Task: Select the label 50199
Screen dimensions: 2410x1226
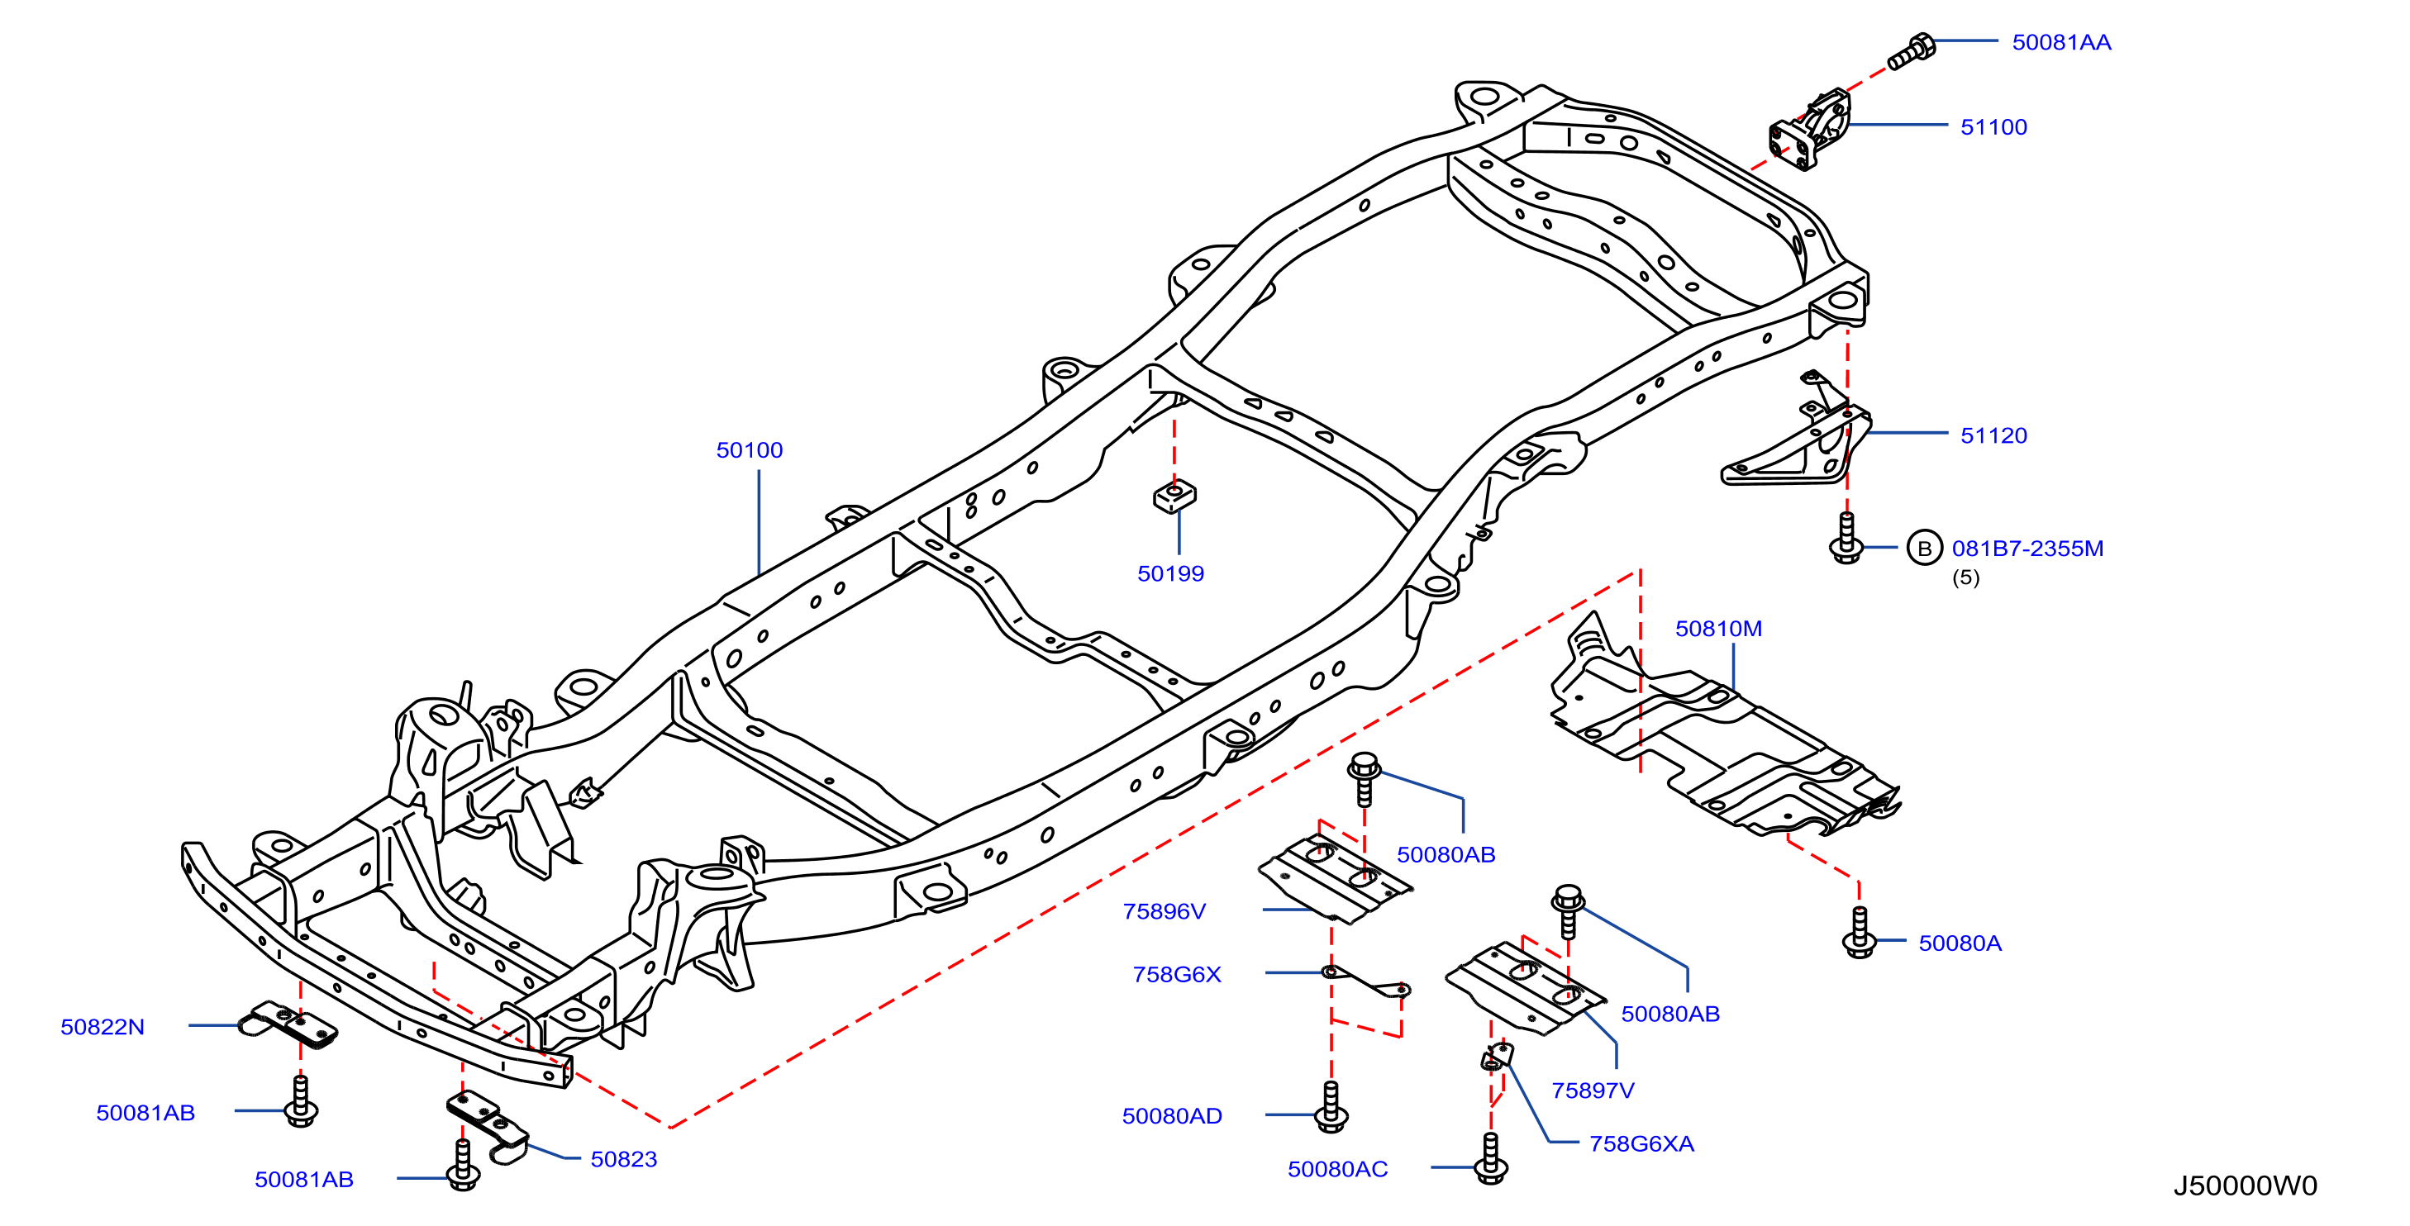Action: (1170, 573)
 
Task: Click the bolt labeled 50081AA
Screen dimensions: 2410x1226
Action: (1911, 51)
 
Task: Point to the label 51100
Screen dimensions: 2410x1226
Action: (1993, 126)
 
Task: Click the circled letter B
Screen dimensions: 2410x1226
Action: (1924, 548)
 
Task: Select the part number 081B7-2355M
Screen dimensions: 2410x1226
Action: (2027, 548)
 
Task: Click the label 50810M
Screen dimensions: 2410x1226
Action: (1718, 629)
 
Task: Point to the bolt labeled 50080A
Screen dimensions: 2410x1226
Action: (1859, 933)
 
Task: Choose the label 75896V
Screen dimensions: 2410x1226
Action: (1164, 911)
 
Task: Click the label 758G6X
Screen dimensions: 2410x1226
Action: (1177, 975)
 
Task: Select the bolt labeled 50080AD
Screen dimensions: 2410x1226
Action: (1331, 1107)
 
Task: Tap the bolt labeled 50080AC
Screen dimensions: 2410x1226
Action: (1490, 1160)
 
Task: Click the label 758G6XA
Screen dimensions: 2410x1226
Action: (1642, 1143)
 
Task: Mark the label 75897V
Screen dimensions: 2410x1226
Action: (1593, 1091)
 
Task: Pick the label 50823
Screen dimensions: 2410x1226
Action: (624, 1160)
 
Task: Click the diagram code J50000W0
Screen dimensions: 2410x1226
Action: (2246, 1186)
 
